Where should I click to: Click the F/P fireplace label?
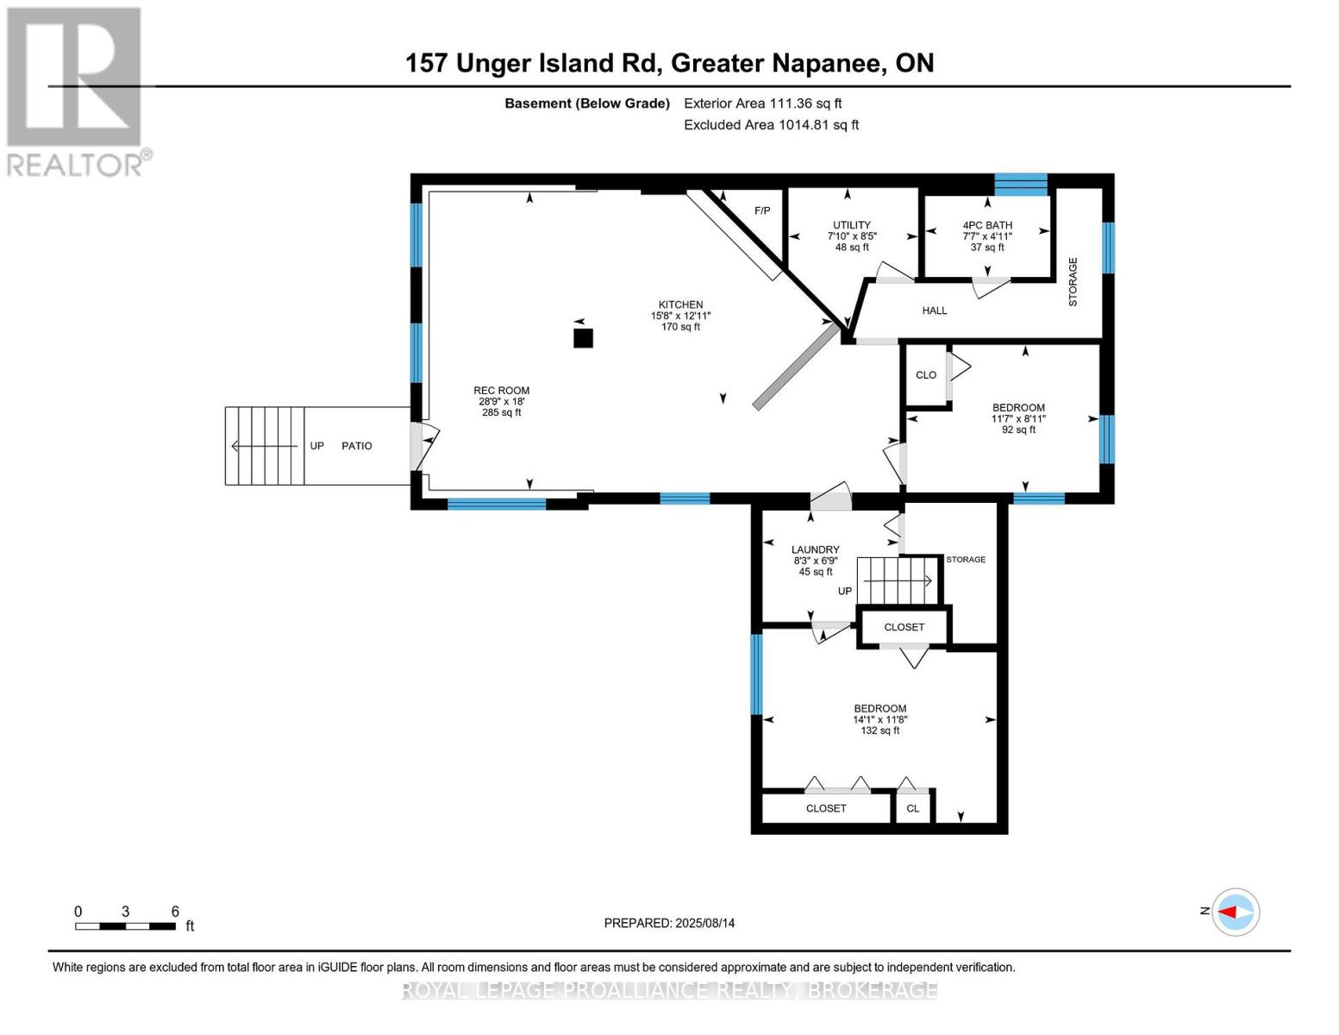pos(762,210)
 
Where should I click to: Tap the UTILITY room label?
pos(852,225)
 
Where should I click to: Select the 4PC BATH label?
pos(987,225)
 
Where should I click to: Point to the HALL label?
pos(934,310)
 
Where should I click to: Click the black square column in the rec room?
pos(583,338)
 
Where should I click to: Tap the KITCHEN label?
pos(680,304)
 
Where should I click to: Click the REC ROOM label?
pos(501,390)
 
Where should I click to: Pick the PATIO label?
pos(357,446)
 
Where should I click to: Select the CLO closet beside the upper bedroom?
pos(925,375)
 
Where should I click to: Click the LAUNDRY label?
pos(816,549)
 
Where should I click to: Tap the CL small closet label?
pos(912,808)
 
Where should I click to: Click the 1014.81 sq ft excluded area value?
pos(818,124)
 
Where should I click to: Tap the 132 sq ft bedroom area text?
pos(880,731)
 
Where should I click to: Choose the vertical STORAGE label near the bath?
pos(1073,282)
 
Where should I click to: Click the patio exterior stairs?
pos(265,446)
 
